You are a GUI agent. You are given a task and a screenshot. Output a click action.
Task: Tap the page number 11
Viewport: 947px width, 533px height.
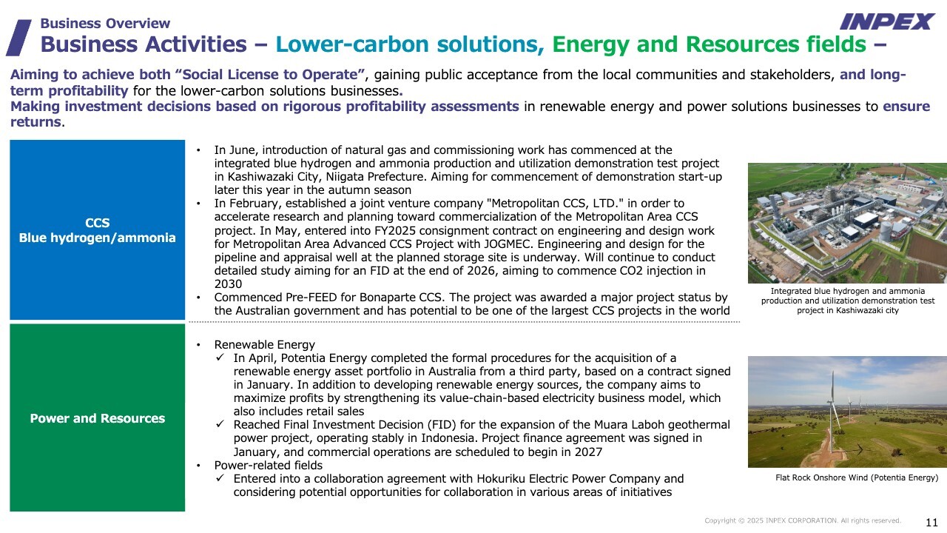click(931, 522)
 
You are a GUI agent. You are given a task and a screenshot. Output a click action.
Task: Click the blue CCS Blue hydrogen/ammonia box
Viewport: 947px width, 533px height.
click(97, 229)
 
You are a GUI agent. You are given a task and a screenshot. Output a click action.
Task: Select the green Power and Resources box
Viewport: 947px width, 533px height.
click(97, 418)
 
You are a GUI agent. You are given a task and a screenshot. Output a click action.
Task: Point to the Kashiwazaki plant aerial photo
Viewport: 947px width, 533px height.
click(847, 223)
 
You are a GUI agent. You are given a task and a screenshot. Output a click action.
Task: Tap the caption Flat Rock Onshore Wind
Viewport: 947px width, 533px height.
click(856, 477)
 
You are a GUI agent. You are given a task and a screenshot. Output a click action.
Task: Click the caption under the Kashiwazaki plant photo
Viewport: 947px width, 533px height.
click(847, 301)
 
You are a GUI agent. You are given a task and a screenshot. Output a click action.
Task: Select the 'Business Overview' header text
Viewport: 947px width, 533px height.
click(105, 23)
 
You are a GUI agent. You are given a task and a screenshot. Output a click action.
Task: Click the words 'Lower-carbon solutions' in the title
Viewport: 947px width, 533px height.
click(410, 44)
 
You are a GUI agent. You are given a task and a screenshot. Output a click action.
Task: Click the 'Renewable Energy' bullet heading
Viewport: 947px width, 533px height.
click(264, 344)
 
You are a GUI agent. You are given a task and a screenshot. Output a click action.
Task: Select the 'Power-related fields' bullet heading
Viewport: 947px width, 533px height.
click(268, 465)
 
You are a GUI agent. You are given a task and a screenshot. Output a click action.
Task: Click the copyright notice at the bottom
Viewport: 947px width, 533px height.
click(803, 520)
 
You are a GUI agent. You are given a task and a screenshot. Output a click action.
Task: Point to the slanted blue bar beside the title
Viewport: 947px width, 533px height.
click(18, 37)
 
